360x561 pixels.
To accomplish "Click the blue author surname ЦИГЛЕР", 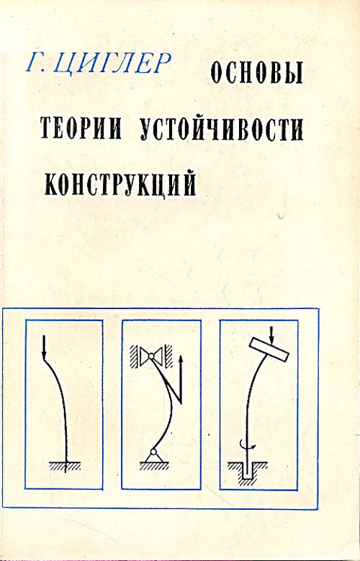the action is tap(113, 64).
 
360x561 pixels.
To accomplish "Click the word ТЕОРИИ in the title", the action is tap(81, 128).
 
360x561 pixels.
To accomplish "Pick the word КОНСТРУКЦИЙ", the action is tap(120, 184).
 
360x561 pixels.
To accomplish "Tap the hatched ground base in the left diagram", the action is tap(65, 465).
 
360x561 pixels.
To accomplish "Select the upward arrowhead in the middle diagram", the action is tap(180, 359).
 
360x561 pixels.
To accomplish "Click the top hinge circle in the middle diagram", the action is tap(151, 356).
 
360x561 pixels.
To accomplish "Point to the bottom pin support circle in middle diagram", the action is tap(153, 452).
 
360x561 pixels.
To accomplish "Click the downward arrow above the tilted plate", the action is tap(271, 335).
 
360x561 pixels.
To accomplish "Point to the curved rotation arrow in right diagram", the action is tap(246, 445).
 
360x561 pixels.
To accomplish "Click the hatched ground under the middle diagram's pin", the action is tap(153, 464).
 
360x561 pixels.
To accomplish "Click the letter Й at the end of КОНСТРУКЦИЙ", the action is tap(189, 182).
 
